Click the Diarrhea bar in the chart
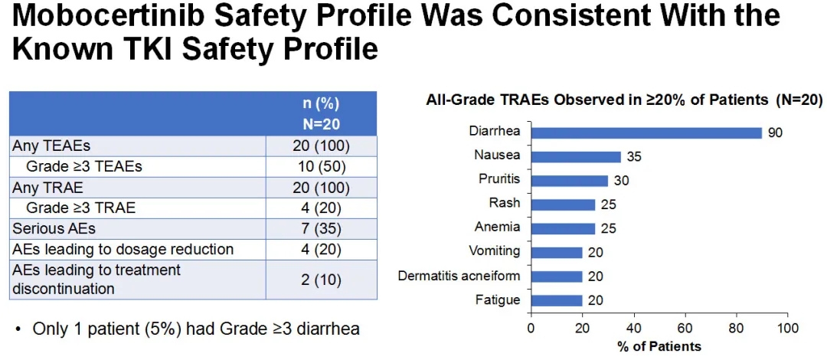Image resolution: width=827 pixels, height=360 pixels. (x=646, y=133)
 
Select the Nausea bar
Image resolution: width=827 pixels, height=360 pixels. (x=576, y=156)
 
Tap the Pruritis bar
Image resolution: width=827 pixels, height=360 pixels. (x=569, y=181)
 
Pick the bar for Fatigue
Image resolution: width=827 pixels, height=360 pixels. (x=557, y=300)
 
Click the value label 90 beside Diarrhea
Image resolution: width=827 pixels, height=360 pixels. (x=775, y=133)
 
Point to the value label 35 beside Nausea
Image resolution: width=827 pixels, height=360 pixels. (x=633, y=157)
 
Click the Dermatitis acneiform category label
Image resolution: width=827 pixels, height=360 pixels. (x=459, y=276)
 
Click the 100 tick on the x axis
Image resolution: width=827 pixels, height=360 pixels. (x=787, y=329)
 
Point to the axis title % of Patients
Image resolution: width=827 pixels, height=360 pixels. (x=659, y=346)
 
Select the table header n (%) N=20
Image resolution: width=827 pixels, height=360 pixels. (x=321, y=113)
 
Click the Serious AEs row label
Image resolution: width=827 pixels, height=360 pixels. (x=50, y=228)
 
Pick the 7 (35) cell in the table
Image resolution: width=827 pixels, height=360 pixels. (x=321, y=228)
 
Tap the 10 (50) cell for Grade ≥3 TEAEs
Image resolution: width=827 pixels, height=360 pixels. (x=321, y=165)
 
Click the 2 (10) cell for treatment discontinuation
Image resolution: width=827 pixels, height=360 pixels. (x=321, y=280)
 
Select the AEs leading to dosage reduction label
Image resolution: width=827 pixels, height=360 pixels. (x=123, y=249)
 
